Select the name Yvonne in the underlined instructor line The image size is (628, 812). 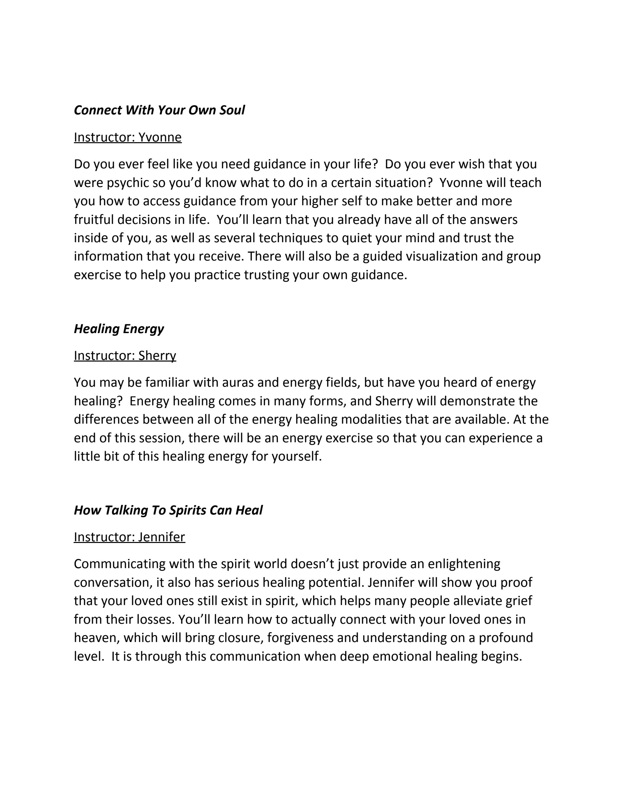[160, 137]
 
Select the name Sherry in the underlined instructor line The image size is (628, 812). [157, 356]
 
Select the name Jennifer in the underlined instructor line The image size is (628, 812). [162, 537]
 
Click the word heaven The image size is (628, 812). [96, 638]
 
